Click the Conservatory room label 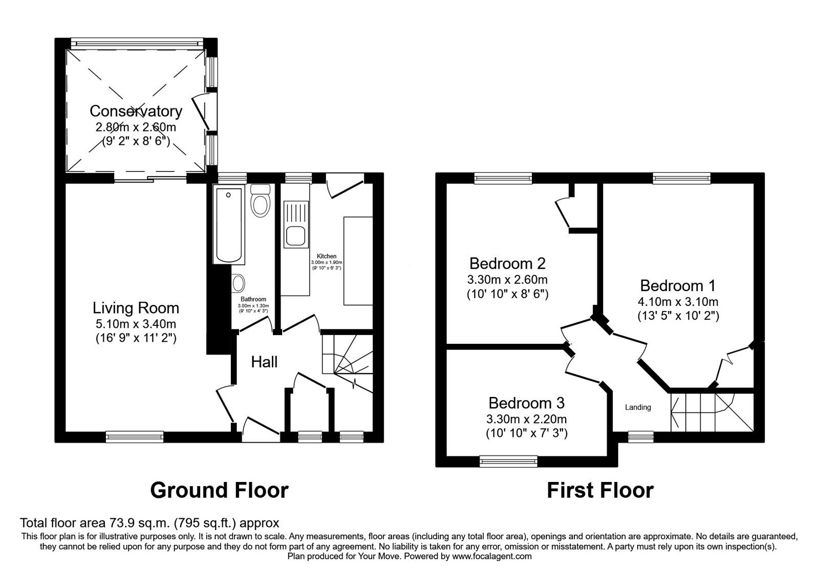[x=136, y=111]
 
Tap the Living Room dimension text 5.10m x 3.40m [x=136, y=324]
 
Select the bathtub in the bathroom [x=229, y=225]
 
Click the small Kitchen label [x=327, y=256]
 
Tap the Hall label [x=264, y=362]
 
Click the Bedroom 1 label [x=678, y=285]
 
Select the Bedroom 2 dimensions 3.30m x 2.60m [x=507, y=280]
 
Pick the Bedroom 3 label [x=526, y=403]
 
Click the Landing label [x=638, y=408]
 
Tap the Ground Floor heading [x=219, y=490]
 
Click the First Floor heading [x=600, y=490]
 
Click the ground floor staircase [x=346, y=358]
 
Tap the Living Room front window [x=135, y=436]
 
